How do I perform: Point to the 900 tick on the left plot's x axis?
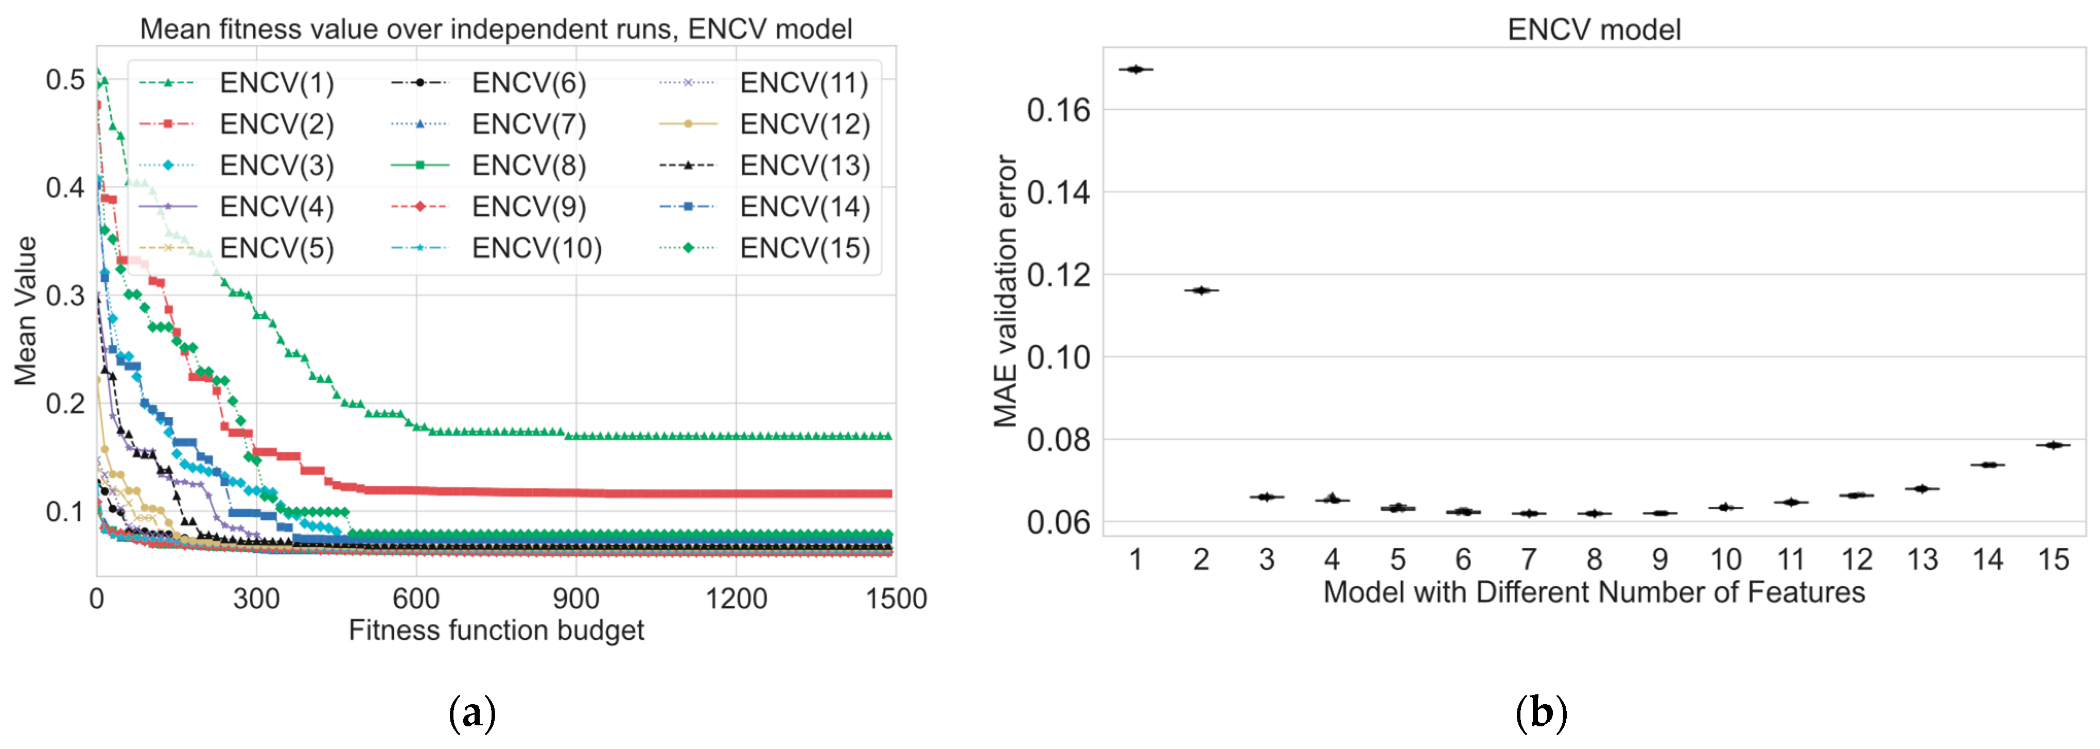[575, 599]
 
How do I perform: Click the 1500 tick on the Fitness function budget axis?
[895, 599]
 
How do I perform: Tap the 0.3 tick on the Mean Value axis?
[65, 295]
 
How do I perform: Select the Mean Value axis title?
[26, 310]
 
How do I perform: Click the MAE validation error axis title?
[1005, 291]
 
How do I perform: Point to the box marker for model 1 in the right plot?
[1135, 70]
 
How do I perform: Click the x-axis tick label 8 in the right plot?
[1594, 560]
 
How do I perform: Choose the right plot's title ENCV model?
[1593, 29]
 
